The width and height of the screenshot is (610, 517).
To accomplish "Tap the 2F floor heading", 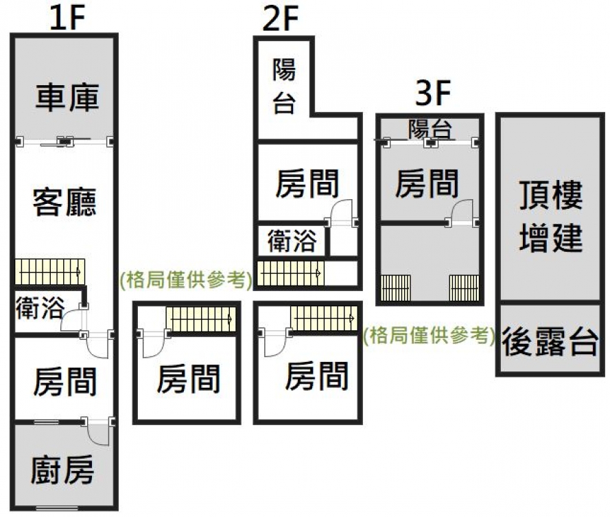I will click(x=281, y=19).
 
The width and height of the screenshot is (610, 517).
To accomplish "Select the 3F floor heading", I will click(x=432, y=94).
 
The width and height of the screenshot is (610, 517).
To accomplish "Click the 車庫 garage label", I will click(x=67, y=97).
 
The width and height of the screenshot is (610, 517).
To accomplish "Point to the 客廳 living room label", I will click(x=64, y=202).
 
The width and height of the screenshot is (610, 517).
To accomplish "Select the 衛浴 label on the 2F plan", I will click(x=292, y=241).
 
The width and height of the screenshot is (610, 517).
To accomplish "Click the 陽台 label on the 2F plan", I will click(x=283, y=87).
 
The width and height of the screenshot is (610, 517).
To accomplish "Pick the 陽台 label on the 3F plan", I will click(x=430, y=128).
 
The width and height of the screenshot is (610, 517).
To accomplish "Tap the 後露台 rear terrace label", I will click(x=550, y=341).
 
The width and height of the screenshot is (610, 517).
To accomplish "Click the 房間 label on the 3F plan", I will click(x=427, y=183).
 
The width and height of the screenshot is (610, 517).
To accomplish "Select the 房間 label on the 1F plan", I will click(x=64, y=382).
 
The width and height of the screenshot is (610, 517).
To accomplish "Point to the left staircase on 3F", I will click(x=395, y=287).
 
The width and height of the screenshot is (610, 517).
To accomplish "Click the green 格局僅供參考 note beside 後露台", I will click(x=430, y=336).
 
